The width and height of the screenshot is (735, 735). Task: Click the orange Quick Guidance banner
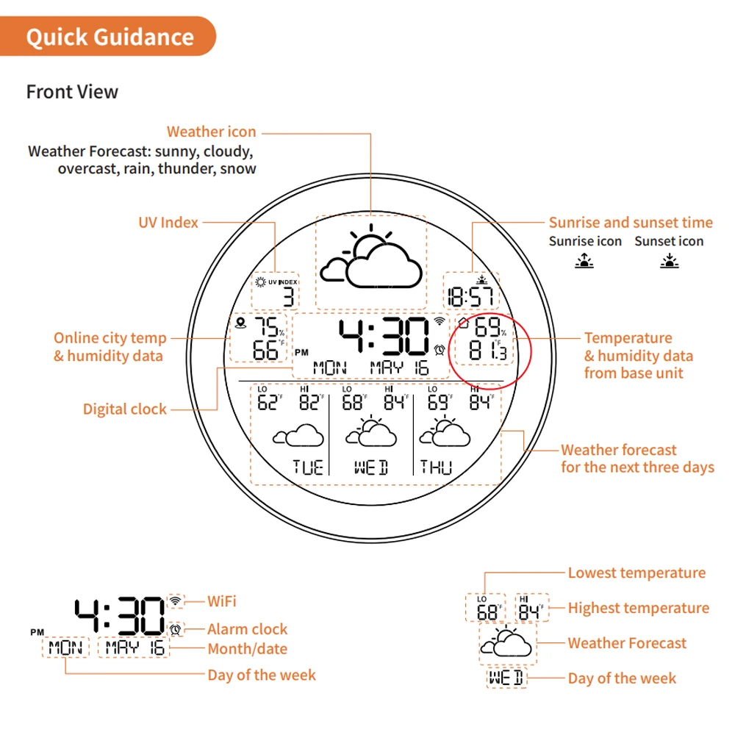click(x=110, y=37)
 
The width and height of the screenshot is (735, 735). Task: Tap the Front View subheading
click(x=72, y=92)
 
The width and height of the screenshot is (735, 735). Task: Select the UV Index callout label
click(x=168, y=222)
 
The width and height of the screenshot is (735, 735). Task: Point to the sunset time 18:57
click(x=470, y=297)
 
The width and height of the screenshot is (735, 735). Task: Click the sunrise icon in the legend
click(x=584, y=259)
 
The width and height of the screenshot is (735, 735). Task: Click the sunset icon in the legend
click(x=668, y=259)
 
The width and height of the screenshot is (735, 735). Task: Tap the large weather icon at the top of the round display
click(x=371, y=261)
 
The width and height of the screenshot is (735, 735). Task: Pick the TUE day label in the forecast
click(x=308, y=467)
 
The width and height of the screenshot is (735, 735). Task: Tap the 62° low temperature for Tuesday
click(x=270, y=402)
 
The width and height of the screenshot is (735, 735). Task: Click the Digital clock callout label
click(x=124, y=409)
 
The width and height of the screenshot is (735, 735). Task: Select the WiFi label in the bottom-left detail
click(x=222, y=601)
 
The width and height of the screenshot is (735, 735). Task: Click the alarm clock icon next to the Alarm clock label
click(x=175, y=629)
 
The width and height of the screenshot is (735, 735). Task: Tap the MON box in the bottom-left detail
click(x=65, y=648)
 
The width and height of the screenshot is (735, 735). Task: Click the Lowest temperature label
click(x=637, y=573)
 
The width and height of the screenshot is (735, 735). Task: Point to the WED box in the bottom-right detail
click(x=507, y=678)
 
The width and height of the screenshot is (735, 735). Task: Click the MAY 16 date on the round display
click(x=400, y=367)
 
